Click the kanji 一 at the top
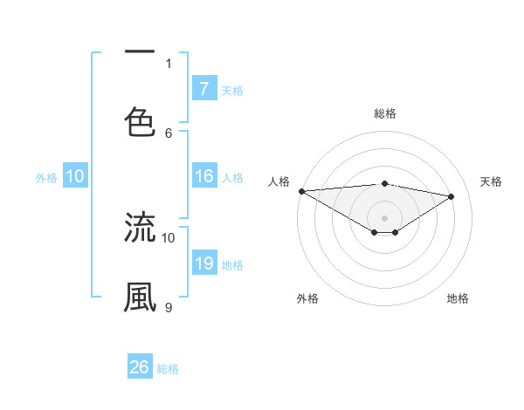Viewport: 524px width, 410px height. pyautogui.click(x=140, y=53)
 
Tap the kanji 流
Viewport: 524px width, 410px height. pyautogui.click(x=140, y=227)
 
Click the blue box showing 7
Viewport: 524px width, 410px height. pyautogui.click(x=204, y=89)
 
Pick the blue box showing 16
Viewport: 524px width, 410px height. pyautogui.click(x=204, y=176)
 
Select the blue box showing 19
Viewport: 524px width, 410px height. pyautogui.click(x=204, y=264)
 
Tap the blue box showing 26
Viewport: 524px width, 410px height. pyautogui.click(x=140, y=367)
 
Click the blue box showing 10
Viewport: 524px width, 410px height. pyautogui.click(x=75, y=176)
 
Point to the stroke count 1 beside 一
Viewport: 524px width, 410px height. pyautogui.click(x=169, y=63)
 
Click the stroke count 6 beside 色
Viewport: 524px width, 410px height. pyautogui.click(x=169, y=133)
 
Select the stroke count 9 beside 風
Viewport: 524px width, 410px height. pyautogui.click(x=169, y=307)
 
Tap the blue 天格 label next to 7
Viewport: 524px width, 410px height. pyautogui.click(x=232, y=90)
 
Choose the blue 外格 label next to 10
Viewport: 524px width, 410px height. pyautogui.click(x=46, y=177)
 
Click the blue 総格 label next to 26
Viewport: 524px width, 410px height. pyautogui.click(x=168, y=368)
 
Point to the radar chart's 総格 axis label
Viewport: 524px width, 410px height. pyautogui.click(x=384, y=113)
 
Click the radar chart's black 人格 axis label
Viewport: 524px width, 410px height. pyautogui.click(x=279, y=181)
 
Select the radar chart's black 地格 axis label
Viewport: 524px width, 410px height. pyautogui.click(x=458, y=298)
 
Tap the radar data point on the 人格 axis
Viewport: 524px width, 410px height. pyautogui.click(x=301, y=191)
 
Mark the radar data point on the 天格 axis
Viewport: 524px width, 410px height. pyautogui.click(x=452, y=196)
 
